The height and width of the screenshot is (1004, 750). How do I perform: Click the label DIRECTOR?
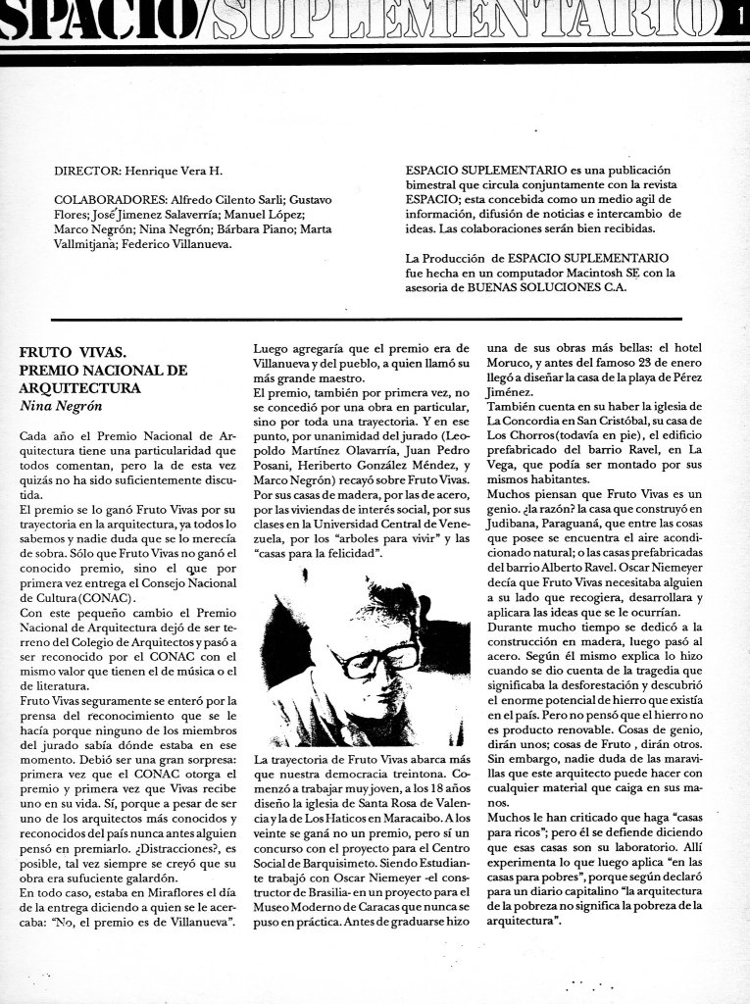click(90, 171)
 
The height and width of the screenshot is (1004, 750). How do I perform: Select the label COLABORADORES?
click(108, 199)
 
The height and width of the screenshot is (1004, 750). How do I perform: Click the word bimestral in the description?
click(435, 184)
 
